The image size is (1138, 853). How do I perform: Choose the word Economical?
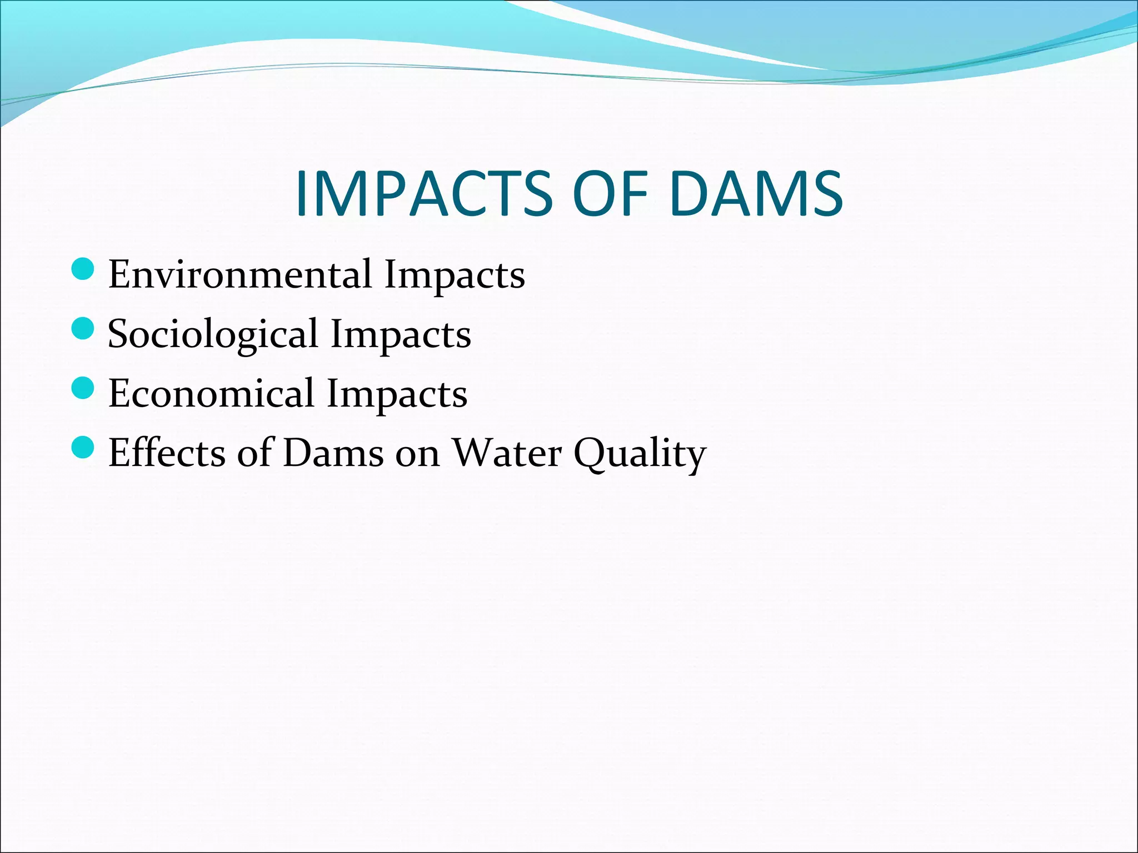click(x=211, y=393)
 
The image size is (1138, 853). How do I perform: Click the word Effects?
click(x=166, y=453)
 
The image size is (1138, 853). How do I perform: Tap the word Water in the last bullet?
click(x=506, y=453)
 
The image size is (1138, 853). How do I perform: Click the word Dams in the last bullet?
click(x=333, y=453)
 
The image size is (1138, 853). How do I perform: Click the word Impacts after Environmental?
click(x=455, y=275)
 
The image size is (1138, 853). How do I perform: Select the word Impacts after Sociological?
click(x=401, y=335)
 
